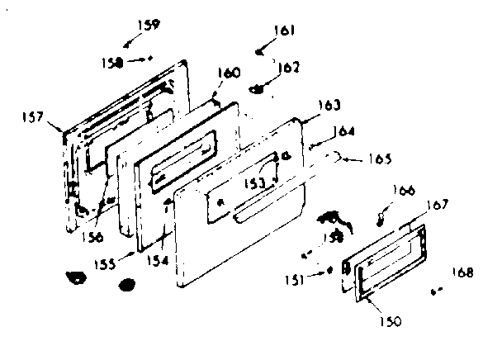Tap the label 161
pyautogui.click(x=284, y=31)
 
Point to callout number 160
pyautogui.click(x=229, y=73)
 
